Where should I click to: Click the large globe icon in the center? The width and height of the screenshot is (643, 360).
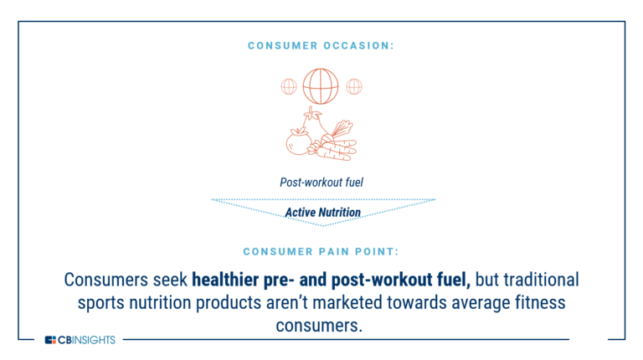(x=321, y=85)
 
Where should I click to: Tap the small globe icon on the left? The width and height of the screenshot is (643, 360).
(x=289, y=85)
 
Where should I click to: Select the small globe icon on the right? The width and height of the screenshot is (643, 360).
(x=354, y=85)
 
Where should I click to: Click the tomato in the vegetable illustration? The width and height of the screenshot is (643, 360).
(x=296, y=142)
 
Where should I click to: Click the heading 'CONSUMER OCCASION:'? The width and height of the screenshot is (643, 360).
(x=321, y=45)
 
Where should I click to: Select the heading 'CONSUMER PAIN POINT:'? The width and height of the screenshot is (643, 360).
(x=321, y=251)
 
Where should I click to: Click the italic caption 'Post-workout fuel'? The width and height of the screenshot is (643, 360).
(x=321, y=183)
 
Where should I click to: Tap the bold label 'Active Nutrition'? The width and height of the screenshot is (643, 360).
(x=322, y=213)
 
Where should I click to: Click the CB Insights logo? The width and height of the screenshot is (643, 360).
(x=80, y=339)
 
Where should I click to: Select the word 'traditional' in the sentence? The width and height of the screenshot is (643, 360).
(x=538, y=279)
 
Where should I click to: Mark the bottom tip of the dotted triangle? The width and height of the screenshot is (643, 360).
(x=323, y=225)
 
